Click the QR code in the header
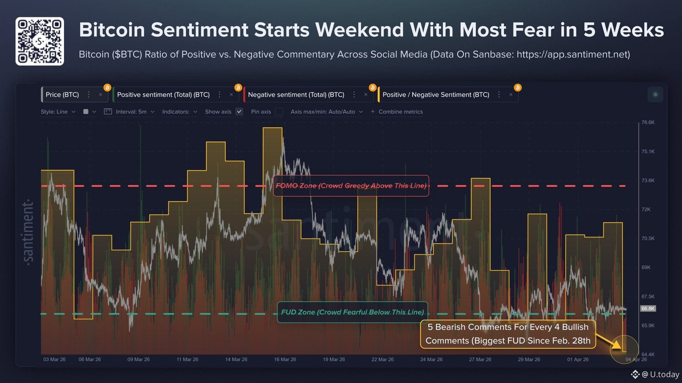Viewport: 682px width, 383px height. click(x=40, y=41)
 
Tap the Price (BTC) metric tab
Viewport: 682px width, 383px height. click(x=62, y=95)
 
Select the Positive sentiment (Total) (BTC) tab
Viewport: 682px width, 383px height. click(x=163, y=95)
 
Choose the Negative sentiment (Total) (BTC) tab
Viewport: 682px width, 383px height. click(x=296, y=95)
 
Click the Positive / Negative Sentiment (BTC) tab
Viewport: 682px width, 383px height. click(x=436, y=95)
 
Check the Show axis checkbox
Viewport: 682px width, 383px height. click(x=239, y=111)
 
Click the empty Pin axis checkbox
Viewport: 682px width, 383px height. click(x=279, y=111)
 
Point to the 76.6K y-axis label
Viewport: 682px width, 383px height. click(x=648, y=122)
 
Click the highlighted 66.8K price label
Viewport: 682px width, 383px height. click(x=648, y=308)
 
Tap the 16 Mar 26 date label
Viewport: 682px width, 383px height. click(x=285, y=359)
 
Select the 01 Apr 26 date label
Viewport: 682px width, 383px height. click(x=578, y=359)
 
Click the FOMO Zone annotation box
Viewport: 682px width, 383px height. click(x=351, y=186)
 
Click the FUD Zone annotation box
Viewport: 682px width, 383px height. click(x=352, y=312)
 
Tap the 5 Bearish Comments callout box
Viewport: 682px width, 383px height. click(x=508, y=334)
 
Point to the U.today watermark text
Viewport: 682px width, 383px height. click(x=664, y=374)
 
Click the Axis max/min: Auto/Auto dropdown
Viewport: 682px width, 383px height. click(x=326, y=112)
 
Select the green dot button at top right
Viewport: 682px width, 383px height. click(x=655, y=95)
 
